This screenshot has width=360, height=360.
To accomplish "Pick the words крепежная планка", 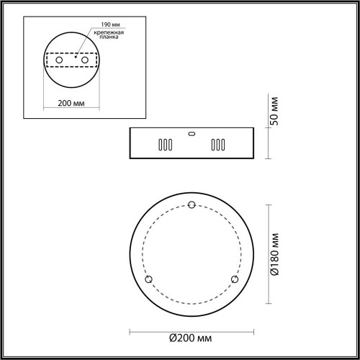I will [x=104, y=37].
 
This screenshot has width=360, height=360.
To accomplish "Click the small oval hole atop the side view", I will [x=191, y=132].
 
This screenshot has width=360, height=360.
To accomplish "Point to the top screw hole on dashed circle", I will [x=192, y=207].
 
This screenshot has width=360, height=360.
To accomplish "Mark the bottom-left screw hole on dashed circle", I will [x=149, y=279].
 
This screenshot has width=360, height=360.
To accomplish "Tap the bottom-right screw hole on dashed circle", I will [x=234, y=279].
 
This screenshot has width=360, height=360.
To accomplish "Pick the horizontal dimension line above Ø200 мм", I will [x=191, y=330].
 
